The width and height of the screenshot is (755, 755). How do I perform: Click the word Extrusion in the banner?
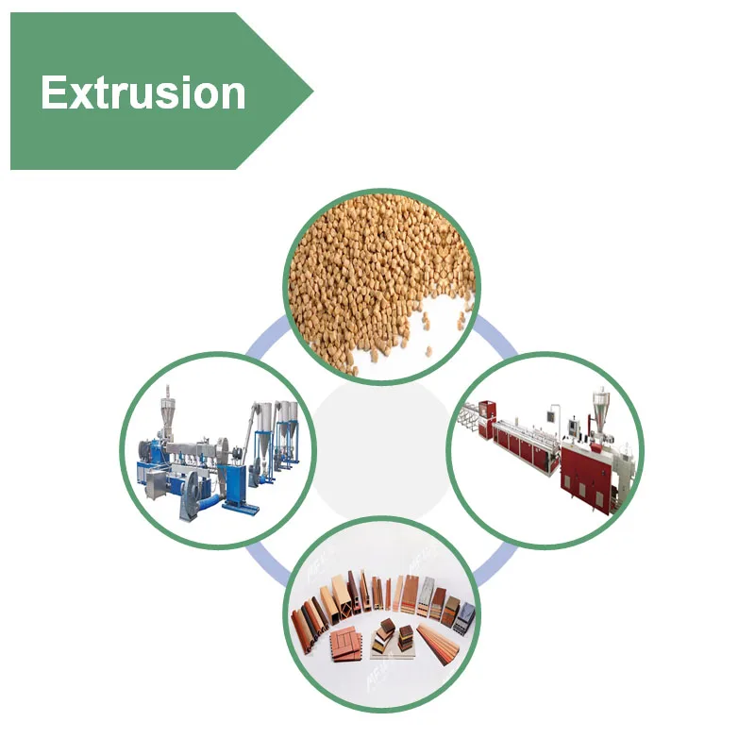point(143,92)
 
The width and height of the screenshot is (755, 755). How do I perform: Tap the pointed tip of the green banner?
point(313,91)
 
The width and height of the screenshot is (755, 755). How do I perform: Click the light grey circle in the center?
point(381,451)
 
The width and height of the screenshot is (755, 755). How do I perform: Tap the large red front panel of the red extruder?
point(585,476)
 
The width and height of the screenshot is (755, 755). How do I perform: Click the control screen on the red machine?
point(573,427)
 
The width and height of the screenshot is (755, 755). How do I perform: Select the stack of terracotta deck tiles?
point(346,645)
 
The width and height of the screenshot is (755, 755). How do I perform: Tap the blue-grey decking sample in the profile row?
point(465,619)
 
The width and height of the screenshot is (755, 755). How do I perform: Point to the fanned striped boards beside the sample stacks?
point(437,644)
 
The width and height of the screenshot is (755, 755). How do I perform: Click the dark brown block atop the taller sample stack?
point(388,627)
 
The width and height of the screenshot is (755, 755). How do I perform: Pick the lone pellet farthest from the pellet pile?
point(428,350)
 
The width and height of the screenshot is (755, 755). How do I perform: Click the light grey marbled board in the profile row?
point(427,596)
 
